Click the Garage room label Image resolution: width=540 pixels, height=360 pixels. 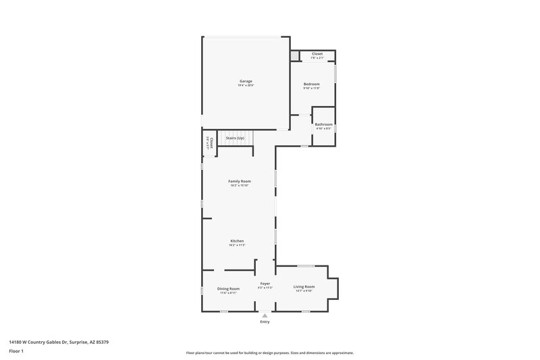click(x=245, y=81)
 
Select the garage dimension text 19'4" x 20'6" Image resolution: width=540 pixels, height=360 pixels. click(x=245, y=86)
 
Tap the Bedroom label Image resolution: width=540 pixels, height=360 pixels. click(x=311, y=84)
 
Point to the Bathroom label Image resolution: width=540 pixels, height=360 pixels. click(x=323, y=124)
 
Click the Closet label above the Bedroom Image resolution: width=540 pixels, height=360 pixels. click(x=317, y=53)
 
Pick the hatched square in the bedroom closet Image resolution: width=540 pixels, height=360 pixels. click(x=295, y=55)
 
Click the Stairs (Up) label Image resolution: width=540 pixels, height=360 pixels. click(x=235, y=138)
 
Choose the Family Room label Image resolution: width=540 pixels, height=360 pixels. click(x=240, y=181)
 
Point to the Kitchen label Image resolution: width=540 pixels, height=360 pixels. click(x=236, y=241)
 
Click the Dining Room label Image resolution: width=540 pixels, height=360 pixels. click(x=228, y=288)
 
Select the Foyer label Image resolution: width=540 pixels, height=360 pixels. click(x=265, y=284)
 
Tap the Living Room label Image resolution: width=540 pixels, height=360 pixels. click(x=304, y=287)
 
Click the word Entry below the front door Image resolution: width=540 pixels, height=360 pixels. click(x=265, y=322)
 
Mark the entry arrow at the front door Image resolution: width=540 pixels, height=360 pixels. click(x=265, y=315)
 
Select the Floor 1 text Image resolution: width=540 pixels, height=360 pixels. click(x=17, y=352)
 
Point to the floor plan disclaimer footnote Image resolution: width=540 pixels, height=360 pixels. click(x=270, y=353)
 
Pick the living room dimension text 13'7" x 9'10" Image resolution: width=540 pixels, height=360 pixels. click(x=304, y=292)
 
